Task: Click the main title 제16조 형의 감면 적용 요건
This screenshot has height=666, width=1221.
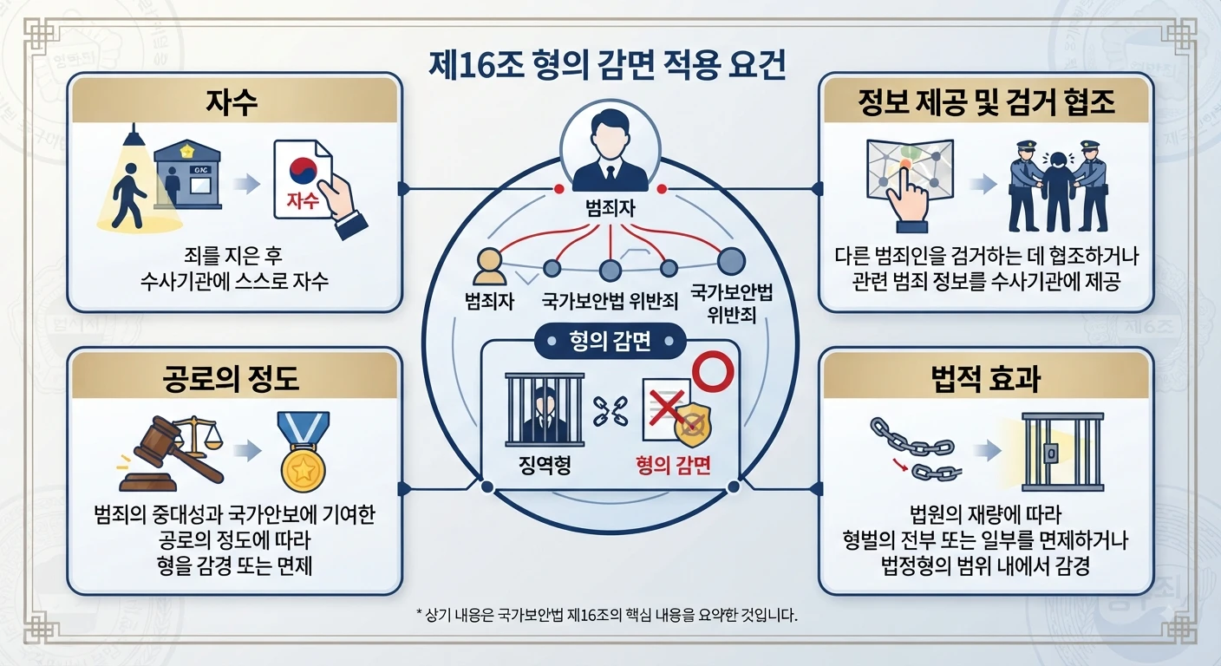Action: tap(607, 65)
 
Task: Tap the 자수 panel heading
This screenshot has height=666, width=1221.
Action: tap(232, 102)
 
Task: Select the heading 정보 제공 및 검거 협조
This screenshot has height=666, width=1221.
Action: tap(986, 102)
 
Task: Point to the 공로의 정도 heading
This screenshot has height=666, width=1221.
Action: tap(232, 378)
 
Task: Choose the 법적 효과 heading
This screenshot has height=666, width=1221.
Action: tap(986, 378)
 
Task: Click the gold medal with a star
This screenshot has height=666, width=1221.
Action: tap(303, 452)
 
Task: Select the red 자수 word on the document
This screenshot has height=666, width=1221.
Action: tap(303, 200)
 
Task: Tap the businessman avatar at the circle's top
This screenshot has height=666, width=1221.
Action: tap(610, 150)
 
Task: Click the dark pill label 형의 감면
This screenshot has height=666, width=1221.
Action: tap(610, 341)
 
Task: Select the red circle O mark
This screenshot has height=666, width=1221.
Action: tap(713, 371)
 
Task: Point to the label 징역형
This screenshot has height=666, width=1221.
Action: tap(545, 465)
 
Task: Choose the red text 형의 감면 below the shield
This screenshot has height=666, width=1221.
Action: tap(674, 465)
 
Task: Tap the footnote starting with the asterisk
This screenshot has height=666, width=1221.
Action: tap(607, 616)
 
